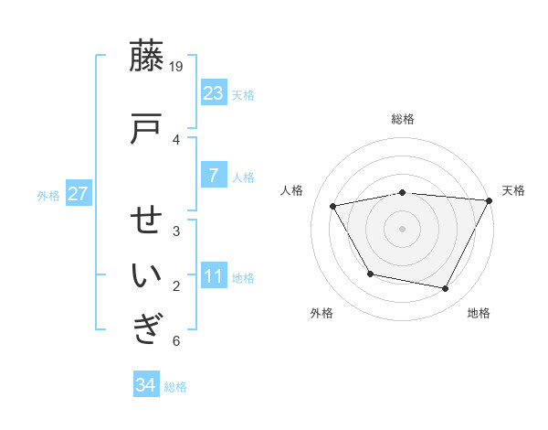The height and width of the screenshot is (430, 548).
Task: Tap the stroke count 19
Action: pos(177,66)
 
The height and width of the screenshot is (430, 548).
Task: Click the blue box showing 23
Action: pos(213,93)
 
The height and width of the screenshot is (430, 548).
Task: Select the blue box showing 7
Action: pos(213,176)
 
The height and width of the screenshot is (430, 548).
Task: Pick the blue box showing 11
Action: pos(213,276)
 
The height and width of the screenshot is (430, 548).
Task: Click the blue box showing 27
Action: pos(78,194)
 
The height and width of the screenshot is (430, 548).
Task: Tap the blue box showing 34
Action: pos(146,385)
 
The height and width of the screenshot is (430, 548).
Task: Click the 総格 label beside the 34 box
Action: pos(175,387)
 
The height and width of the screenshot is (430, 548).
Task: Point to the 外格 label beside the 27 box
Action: pos(48,195)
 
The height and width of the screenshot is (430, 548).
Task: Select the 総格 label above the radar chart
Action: pos(403,119)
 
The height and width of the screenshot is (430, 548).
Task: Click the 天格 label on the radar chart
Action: pos(513,190)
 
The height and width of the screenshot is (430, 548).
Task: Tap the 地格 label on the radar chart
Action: pos(479,313)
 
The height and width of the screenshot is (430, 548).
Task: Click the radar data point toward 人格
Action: pos(333,206)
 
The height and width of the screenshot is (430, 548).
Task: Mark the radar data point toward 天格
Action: pos(489,200)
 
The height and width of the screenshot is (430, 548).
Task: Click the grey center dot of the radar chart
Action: pos(402,228)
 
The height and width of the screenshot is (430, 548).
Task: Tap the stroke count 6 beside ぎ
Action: pos(176,341)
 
